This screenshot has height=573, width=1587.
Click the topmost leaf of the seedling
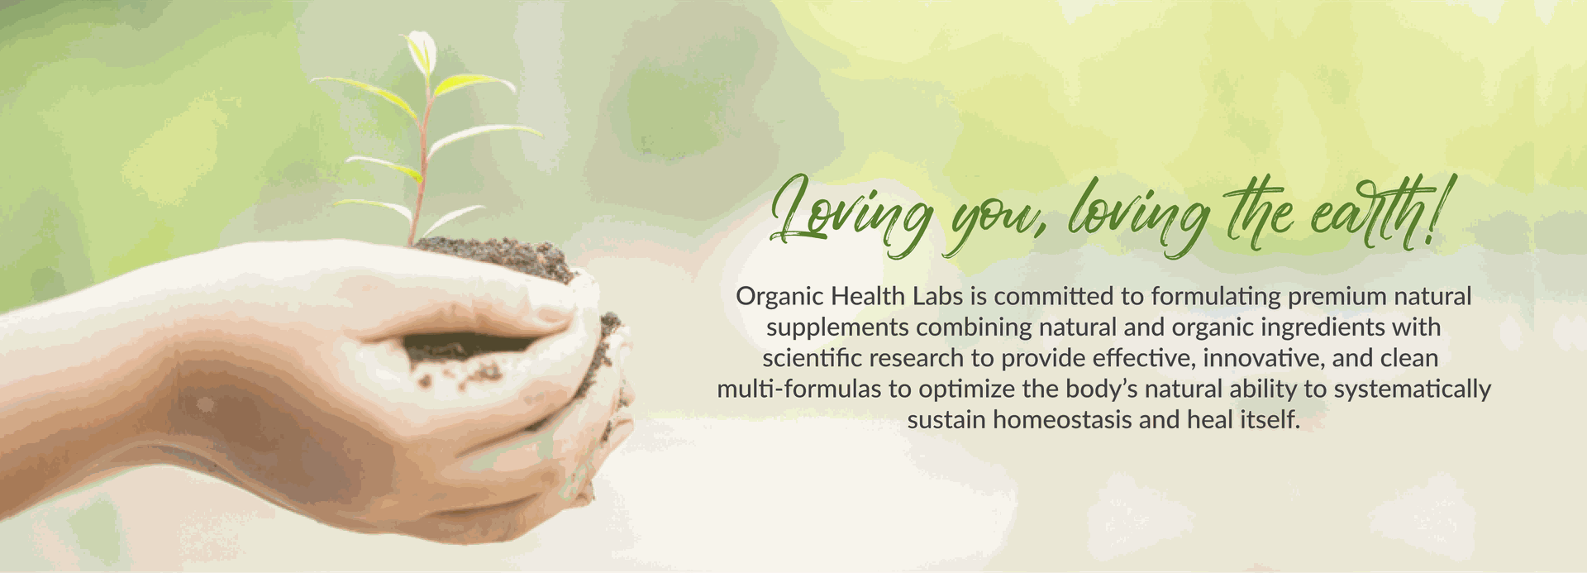(x=422, y=51)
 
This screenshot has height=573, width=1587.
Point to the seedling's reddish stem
(x=421, y=165)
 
